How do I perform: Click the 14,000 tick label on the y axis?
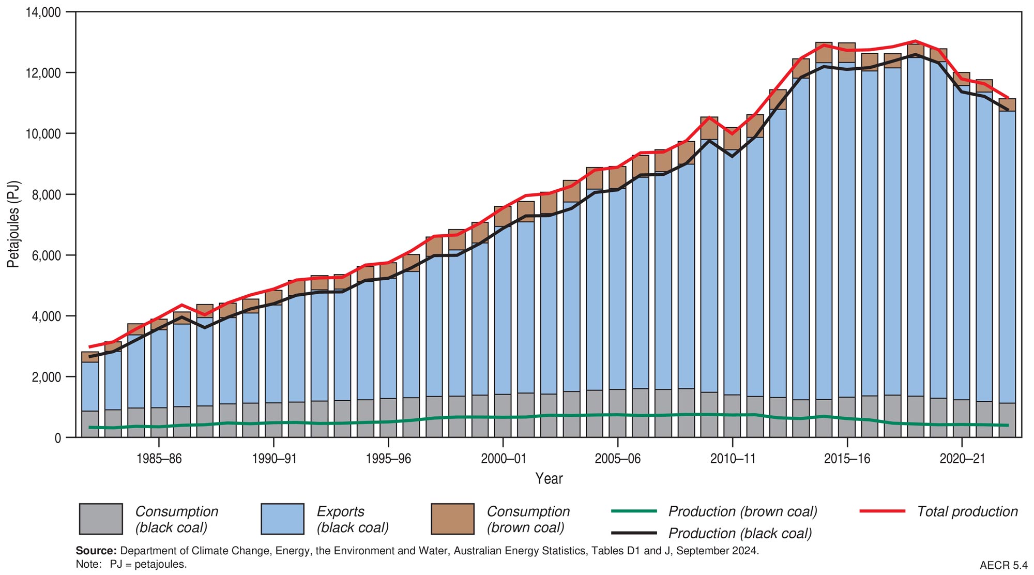[43, 12]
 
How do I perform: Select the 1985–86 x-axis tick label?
[159, 459]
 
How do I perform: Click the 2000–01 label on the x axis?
[503, 459]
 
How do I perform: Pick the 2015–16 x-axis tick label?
[847, 459]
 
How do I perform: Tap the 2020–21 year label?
[962, 459]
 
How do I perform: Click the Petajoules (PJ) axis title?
[13, 224]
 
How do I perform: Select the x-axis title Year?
[549, 479]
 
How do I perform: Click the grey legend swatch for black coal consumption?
[101, 519]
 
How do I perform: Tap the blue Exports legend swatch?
[282, 519]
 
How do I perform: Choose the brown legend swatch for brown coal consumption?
[452, 519]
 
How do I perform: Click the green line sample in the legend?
[634, 511]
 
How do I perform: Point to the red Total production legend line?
[882, 511]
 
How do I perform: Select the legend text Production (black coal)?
[740, 534]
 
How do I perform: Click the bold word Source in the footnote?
[96, 551]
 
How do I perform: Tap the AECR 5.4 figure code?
[1003, 565]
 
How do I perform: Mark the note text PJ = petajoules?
[148, 565]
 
